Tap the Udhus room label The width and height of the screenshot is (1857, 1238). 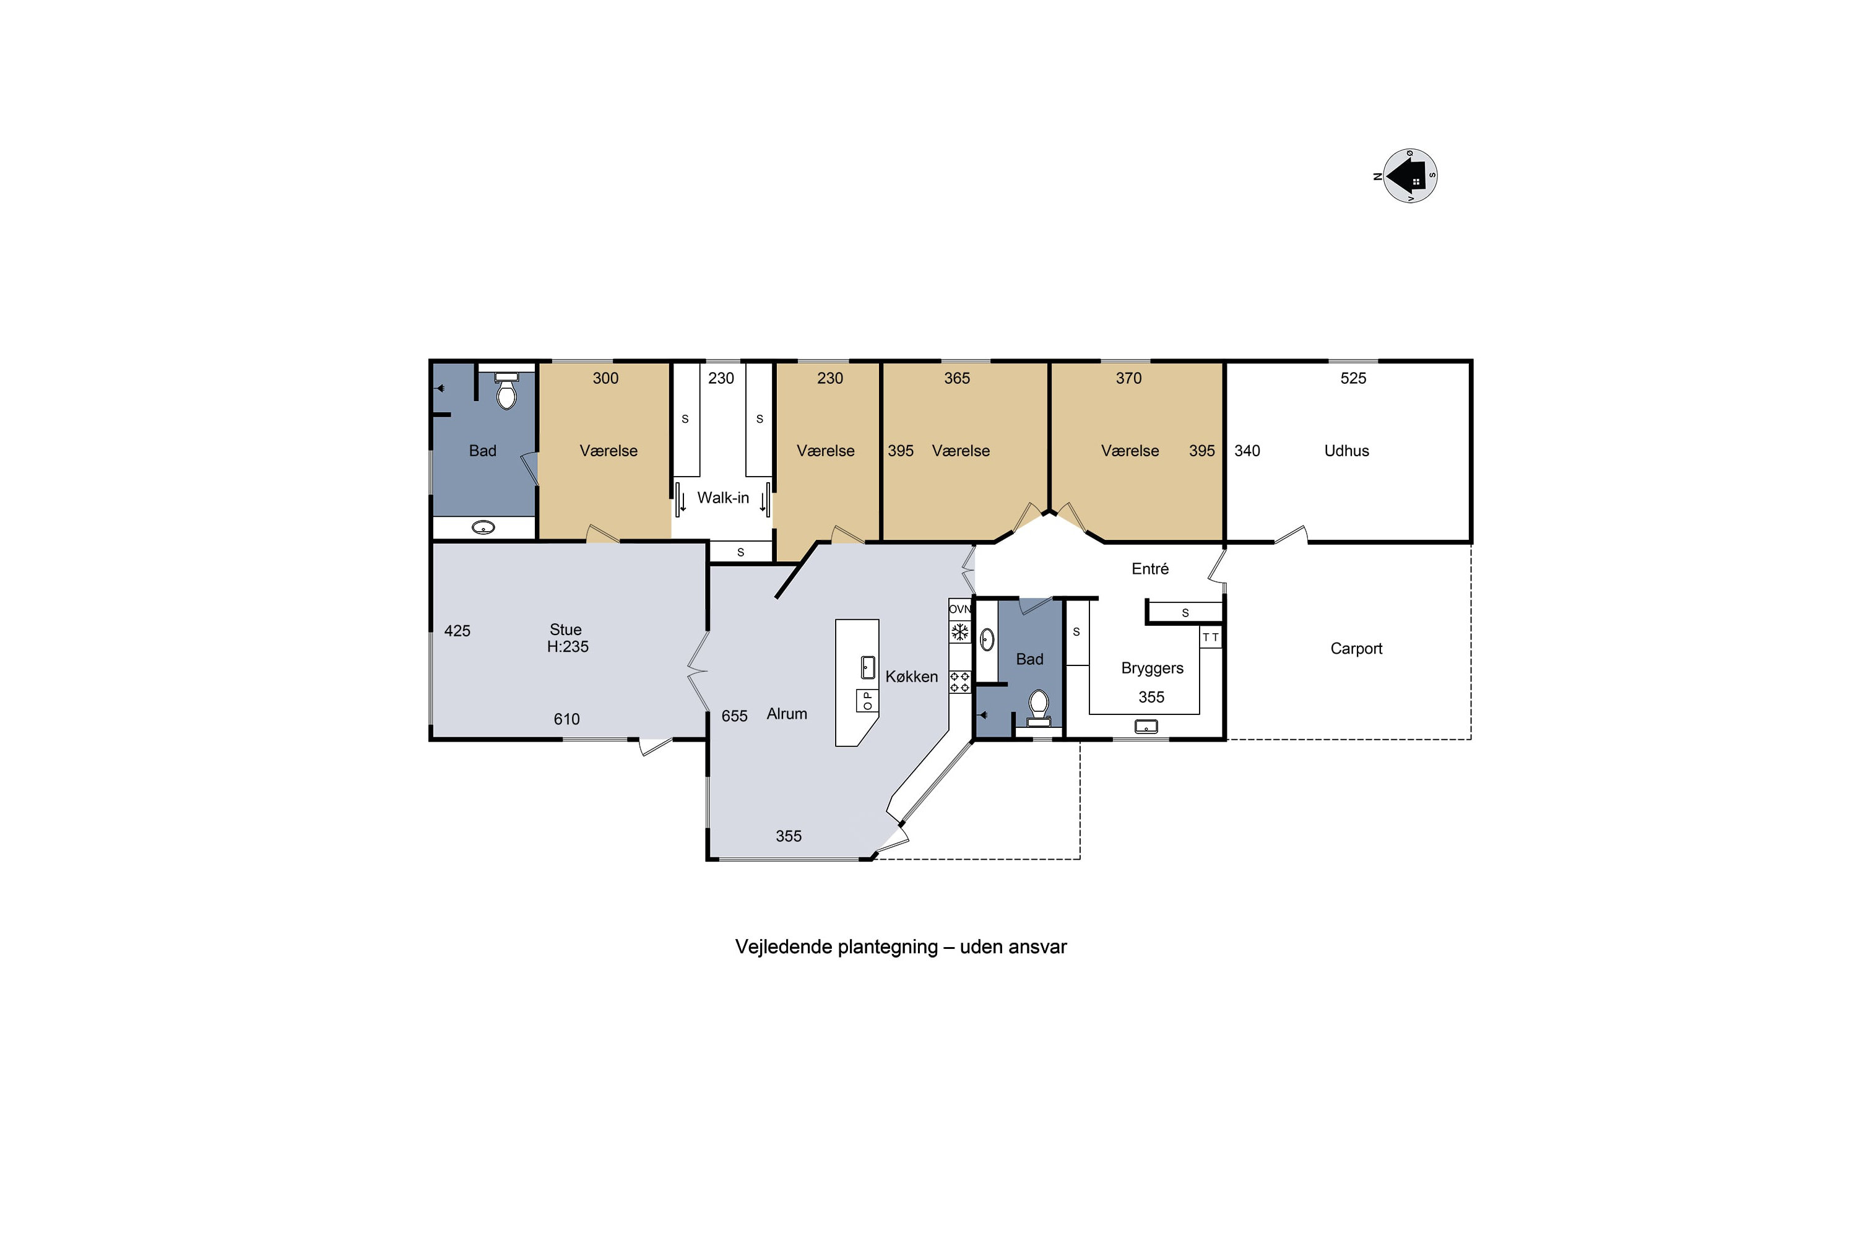[x=1346, y=451]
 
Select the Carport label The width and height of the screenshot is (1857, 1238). [x=1356, y=649]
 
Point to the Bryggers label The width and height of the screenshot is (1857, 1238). [x=1152, y=669]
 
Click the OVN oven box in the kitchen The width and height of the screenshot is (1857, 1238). [x=959, y=608]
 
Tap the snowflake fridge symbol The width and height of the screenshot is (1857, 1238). [x=959, y=631]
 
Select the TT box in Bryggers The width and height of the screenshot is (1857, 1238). [x=1210, y=637]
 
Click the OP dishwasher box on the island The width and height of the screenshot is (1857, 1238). [x=867, y=700]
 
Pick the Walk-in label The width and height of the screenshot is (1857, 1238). [x=722, y=498]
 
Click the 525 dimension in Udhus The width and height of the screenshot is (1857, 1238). [x=1353, y=378]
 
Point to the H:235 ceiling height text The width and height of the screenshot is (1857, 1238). [x=568, y=647]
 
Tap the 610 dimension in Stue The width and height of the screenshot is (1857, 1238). [x=566, y=719]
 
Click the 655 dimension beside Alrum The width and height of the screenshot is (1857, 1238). [x=734, y=716]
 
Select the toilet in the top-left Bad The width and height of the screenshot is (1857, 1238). [x=506, y=389]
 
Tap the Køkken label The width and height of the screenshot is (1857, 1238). [x=911, y=677]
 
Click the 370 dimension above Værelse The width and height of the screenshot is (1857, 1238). [x=1128, y=378]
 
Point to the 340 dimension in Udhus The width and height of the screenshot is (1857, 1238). [x=1247, y=451]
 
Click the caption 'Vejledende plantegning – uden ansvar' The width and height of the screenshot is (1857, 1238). [x=901, y=946]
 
